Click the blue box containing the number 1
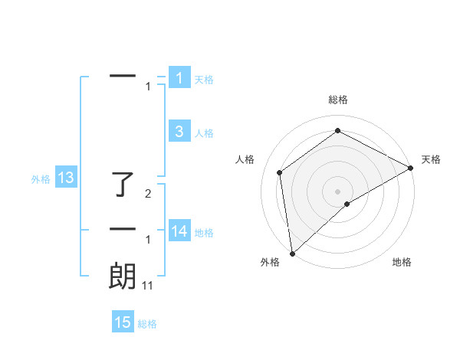click(x=179, y=77)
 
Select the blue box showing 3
click(x=179, y=132)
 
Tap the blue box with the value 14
click(x=179, y=231)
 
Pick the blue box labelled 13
click(x=66, y=178)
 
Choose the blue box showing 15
click(x=123, y=322)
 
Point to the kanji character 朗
click(x=123, y=276)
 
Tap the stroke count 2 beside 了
click(x=149, y=195)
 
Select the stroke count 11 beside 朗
click(x=148, y=286)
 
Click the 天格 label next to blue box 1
click(x=204, y=79)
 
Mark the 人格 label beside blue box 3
click(x=204, y=133)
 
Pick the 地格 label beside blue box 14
click(x=204, y=233)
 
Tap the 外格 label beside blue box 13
click(x=41, y=179)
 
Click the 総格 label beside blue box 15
click(x=147, y=324)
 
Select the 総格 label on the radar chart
click(x=338, y=100)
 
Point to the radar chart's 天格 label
click(x=431, y=159)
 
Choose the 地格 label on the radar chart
click(x=402, y=262)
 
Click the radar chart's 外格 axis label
click(x=270, y=262)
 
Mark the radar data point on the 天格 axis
click(x=410, y=169)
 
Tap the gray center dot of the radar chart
click(x=338, y=191)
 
